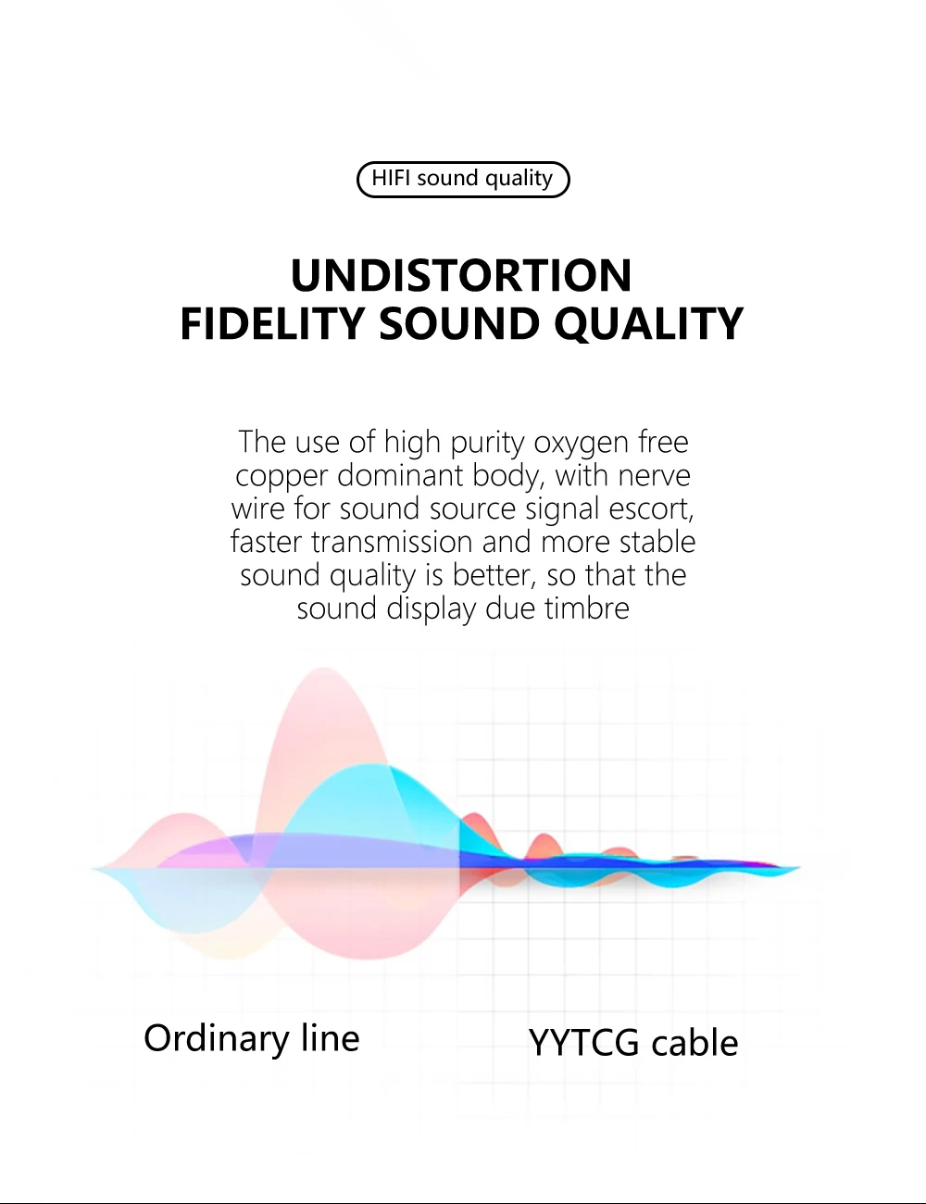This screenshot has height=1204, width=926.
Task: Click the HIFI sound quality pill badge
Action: (463, 180)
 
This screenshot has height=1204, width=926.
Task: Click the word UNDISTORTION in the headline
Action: (461, 275)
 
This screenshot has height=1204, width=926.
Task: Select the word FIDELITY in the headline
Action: (272, 323)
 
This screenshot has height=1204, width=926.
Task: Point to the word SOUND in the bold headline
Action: (459, 323)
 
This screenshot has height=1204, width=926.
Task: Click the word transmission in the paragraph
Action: (392, 541)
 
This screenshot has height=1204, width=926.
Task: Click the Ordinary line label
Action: (252, 1039)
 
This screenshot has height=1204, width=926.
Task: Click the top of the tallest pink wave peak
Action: (324, 668)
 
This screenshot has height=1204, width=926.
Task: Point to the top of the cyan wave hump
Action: (370, 765)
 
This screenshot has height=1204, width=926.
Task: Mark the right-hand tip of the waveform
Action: (800, 867)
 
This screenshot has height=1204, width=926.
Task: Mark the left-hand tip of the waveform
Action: (92, 868)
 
